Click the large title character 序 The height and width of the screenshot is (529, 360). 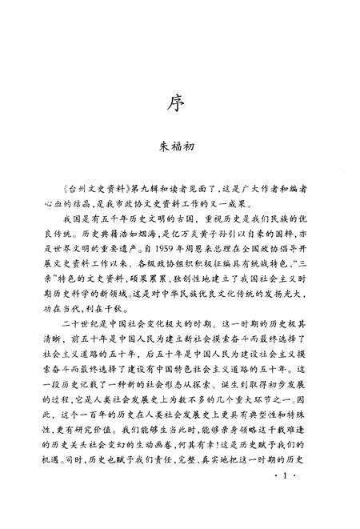[180, 104]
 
